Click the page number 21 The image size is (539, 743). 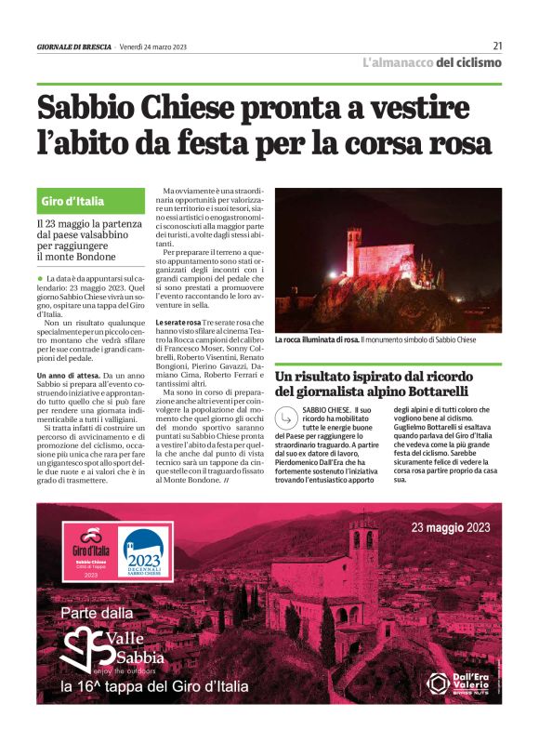pyautogui.click(x=497, y=46)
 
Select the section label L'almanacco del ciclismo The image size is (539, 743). pyautogui.click(x=431, y=63)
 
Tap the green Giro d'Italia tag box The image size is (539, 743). pyautogui.click(x=91, y=201)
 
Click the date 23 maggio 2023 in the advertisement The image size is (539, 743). pyautogui.click(x=451, y=527)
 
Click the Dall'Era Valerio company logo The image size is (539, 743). pyautogui.click(x=459, y=683)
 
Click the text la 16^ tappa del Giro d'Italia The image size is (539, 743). pyautogui.click(x=153, y=687)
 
